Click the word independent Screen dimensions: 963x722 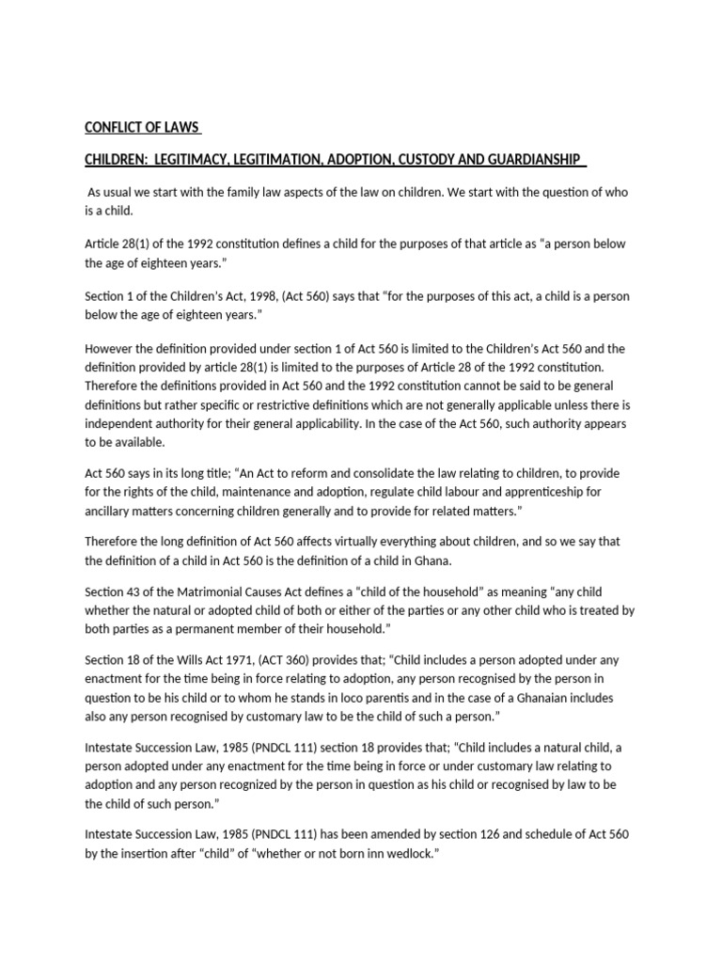pyautogui.click(x=123, y=423)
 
